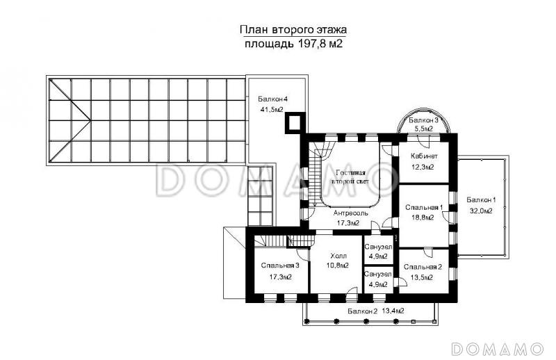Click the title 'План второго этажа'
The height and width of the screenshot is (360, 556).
[x=293, y=30]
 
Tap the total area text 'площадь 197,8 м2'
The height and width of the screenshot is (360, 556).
[x=293, y=44]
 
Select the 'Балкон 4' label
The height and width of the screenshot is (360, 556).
[x=272, y=99]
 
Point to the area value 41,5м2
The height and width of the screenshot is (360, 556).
[x=272, y=110]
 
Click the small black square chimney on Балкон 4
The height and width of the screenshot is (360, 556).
[x=295, y=123]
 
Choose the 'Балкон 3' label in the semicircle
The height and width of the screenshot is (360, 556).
[x=423, y=120]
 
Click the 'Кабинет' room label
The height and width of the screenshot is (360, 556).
[x=424, y=156]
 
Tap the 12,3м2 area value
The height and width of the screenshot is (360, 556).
[x=423, y=167]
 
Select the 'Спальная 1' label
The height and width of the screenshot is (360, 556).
[x=424, y=207]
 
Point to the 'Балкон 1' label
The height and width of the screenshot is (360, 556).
[x=481, y=199]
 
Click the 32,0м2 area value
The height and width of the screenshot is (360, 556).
[x=481, y=211]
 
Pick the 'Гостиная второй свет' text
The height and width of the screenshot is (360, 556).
[x=350, y=177]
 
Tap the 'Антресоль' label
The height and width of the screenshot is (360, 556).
[x=351, y=213]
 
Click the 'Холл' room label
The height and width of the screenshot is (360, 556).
[x=338, y=256]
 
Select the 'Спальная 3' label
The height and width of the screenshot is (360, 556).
[x=280, y=265]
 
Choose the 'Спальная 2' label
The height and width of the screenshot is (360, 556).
[x=423, y=267]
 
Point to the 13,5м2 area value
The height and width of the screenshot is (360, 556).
[x=422, y=278]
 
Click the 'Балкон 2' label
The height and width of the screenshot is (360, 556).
[x=362, y=311]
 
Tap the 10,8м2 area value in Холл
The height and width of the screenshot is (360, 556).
[x=337, y=265]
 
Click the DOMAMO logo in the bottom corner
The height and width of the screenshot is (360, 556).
[x=498, y=349]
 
